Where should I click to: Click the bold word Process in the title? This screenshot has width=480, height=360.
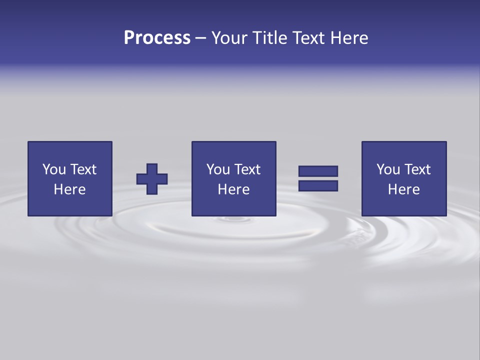(157, 38)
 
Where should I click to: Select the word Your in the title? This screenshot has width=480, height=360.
(229, 38)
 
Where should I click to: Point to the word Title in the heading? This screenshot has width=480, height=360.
(268, 38)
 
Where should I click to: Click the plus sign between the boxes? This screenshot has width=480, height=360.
(152, 179)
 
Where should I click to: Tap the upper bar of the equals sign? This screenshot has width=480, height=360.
(318, 171)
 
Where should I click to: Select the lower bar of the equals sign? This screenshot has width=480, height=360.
(318, 186)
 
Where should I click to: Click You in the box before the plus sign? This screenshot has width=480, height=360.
(54, 169)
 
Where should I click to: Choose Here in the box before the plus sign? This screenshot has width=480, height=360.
(69, 189)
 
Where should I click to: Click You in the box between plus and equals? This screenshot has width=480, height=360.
(218, 169)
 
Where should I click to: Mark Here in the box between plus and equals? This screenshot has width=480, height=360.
(233, 189)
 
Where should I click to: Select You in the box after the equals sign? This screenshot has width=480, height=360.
(388, 169)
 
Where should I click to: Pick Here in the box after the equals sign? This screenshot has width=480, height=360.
(403, 189)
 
